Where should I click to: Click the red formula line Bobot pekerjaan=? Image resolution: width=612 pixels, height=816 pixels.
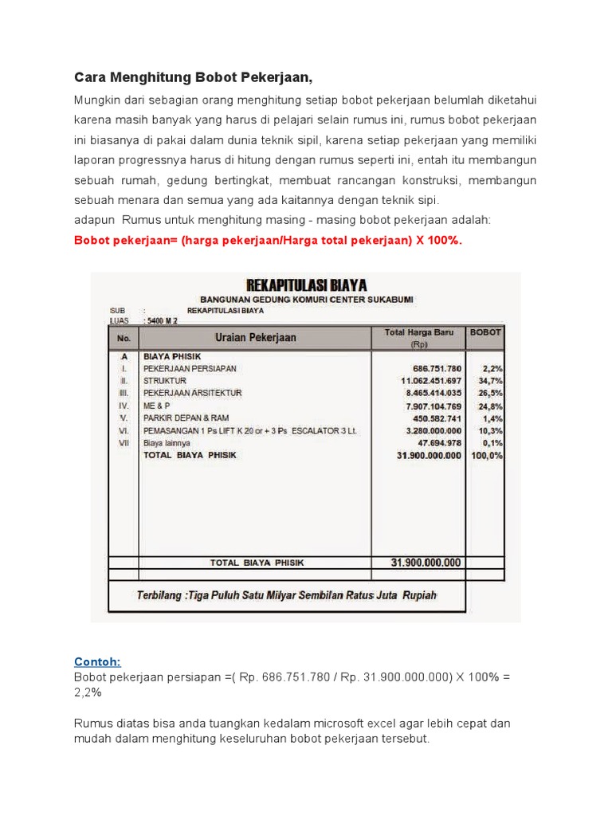click(x=268, y=240)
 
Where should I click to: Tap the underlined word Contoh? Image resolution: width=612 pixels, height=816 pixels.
click(x=97, y=661)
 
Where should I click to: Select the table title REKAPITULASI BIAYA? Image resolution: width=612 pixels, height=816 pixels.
click(x=307, y=285)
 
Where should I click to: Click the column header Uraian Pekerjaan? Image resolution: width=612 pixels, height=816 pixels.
click(x=255, y=337)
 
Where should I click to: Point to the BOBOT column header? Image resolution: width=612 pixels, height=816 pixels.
click(x=485, y=332)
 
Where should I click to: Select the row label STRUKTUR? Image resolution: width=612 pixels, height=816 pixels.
click(x=165, y=381)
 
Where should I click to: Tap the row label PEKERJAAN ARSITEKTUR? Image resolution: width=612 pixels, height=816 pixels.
click(x=192, y=394)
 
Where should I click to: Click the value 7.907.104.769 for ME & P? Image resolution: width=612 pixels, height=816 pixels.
click(x=429, y=406)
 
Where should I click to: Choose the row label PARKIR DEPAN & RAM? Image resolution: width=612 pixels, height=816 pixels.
click(x=187, y=418)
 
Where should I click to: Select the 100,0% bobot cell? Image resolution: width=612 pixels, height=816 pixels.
click(x=488, y=455)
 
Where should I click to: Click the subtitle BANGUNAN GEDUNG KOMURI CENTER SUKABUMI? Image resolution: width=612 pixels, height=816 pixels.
click(x=307, y=299)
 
